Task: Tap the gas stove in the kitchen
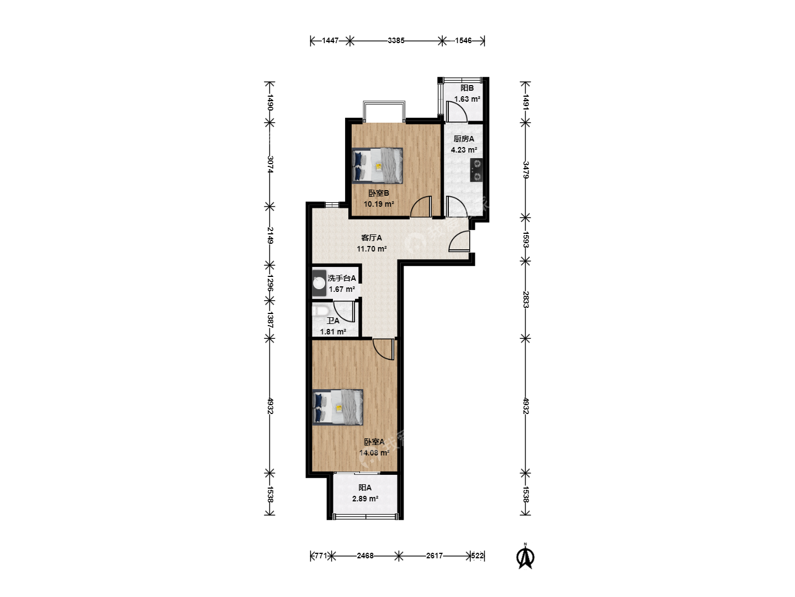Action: [x=476, y=170]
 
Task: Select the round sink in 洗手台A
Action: [x=320, y=283]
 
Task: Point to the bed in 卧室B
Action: [x=378, y=166]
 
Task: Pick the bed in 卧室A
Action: [x=337, y=407]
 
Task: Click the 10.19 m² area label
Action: [x=379, y=204]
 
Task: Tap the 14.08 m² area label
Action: [x=374, y=453]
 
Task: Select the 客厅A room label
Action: [x=371, y=238]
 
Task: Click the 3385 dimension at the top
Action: [x=396, y=40]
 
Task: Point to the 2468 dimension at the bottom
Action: [x=365, y=556]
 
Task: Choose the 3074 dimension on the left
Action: [x=270, y=164]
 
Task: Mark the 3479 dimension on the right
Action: [x=526, y=170]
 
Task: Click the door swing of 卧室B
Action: [x=421, y=207]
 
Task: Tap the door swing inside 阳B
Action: [x=457, y=112]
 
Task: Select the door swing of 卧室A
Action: [x=383, y=349]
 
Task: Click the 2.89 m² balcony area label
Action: [x=365, y=499]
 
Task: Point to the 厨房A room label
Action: [x=464, y=139]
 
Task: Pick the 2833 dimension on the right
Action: [x=526, y=300]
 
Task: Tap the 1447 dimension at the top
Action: [x=330, y=40]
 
